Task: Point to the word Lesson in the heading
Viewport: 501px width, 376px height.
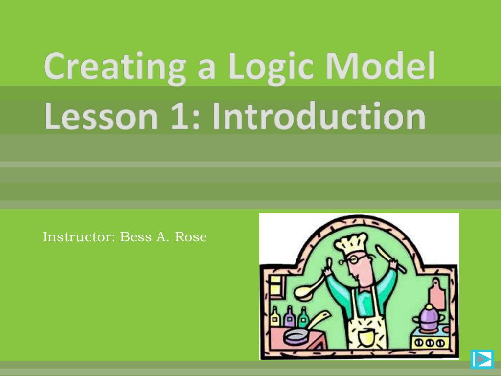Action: [x=101, y=116]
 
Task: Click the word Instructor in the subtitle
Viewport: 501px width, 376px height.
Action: [x=79, y=237]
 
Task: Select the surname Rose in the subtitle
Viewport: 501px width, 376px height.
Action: [x=191, y=237]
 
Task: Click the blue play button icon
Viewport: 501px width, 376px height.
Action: [x=482, y=359]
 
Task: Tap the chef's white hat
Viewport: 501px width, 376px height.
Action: [x=350, y=244]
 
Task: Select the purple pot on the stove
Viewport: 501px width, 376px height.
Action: [x=429, y=318]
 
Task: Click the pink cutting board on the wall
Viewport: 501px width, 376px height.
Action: [x=437, y=294]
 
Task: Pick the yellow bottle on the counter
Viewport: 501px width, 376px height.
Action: [x=275, y=317]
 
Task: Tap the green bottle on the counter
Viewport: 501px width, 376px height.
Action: [x=303, y=317]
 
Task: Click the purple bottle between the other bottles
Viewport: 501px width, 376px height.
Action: [x=290, y=317]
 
